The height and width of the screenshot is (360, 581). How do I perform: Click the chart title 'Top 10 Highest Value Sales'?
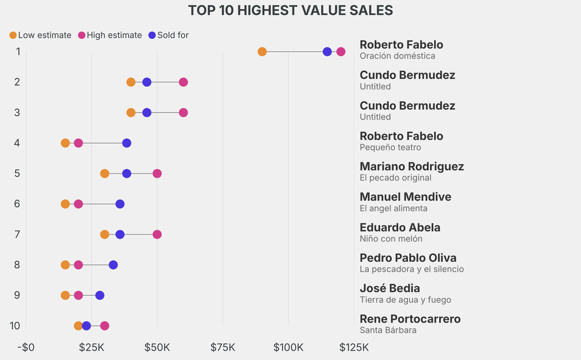pos(290,10)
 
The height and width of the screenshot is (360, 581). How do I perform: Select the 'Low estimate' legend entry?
pos(40,35)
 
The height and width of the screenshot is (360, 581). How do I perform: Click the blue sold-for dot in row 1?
pos(327,52)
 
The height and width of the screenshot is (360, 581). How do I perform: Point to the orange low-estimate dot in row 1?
pos(262,52)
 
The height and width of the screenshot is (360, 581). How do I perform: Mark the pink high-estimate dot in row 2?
pos(183,82)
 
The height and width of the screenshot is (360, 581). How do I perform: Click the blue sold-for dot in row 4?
pos(127,143)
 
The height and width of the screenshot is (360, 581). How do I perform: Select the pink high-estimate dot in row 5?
pos(157,173)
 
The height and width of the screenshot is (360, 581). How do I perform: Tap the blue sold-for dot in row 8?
pos(113,265)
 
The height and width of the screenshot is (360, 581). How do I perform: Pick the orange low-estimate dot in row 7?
pos(104,235)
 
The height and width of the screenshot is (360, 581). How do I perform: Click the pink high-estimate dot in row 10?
pos(104,326)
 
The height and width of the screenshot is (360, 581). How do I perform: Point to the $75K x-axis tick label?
pos(222,347)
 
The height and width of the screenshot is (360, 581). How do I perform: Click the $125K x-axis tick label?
pos(354,347)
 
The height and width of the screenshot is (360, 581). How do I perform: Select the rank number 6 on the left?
pos(17,203)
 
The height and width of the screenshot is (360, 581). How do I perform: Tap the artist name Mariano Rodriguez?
pos(411,166)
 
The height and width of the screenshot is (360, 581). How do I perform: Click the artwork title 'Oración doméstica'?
pos(397,56)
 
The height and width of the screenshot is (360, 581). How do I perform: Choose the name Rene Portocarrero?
pos(410,319)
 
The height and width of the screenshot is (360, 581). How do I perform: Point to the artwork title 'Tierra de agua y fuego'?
pos(405,300)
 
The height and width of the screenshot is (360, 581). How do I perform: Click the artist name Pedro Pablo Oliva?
pos(407,258)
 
